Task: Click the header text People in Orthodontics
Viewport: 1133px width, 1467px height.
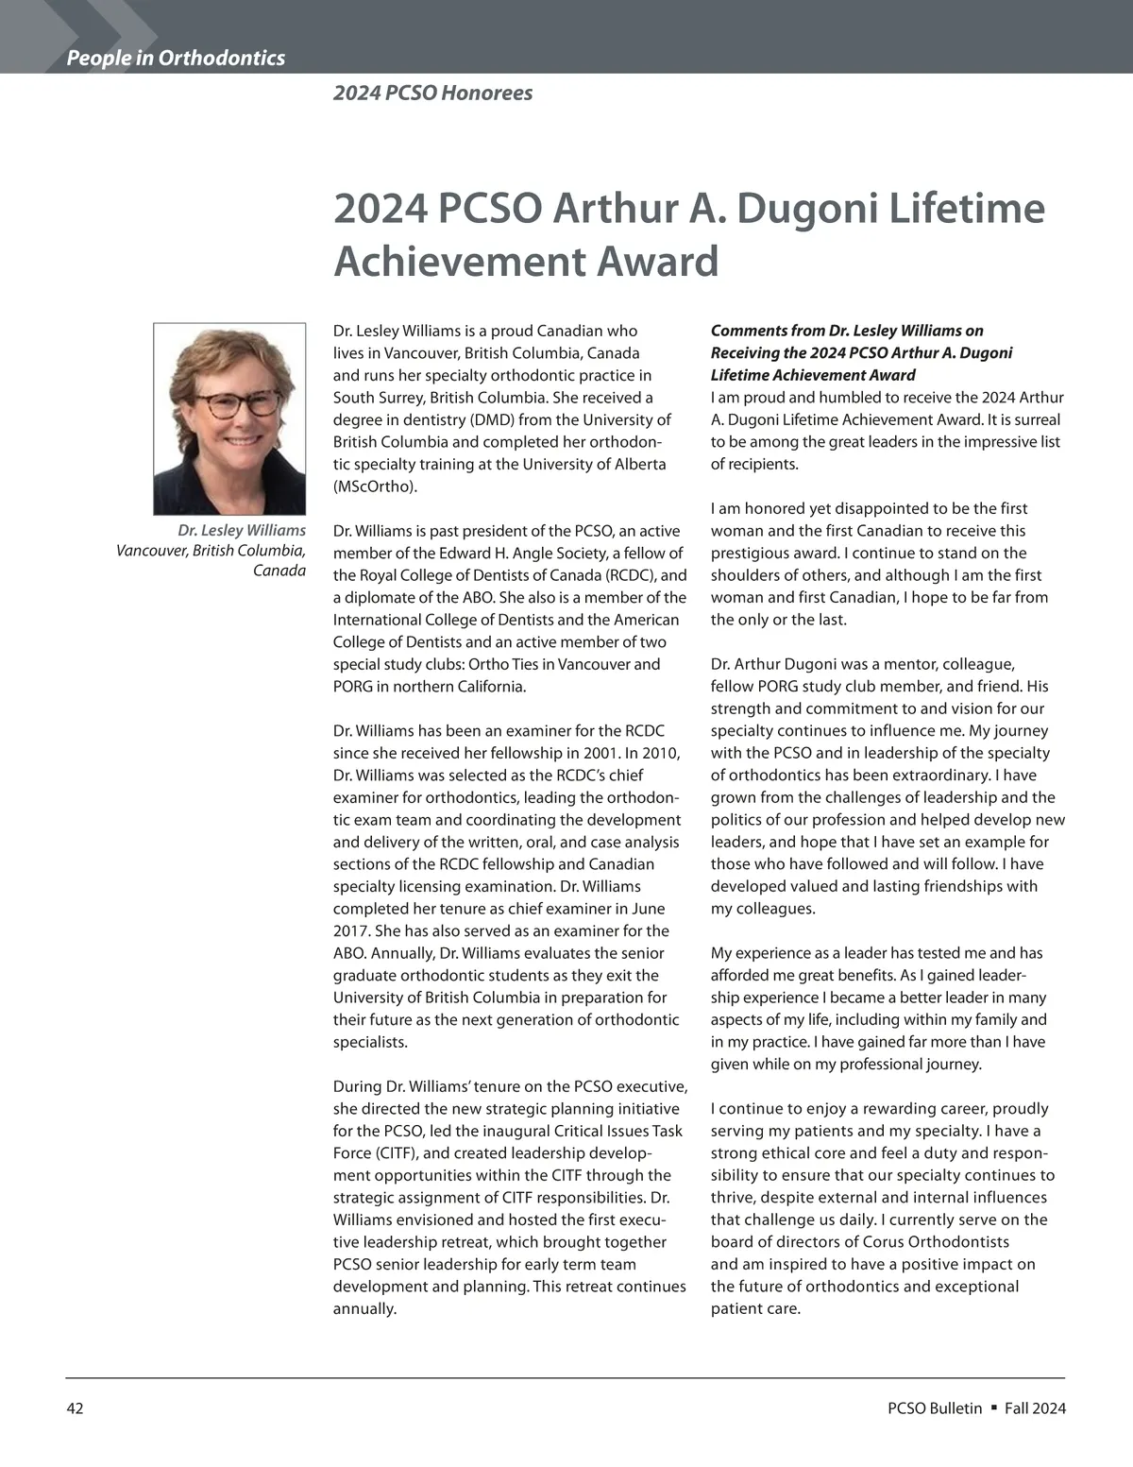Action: pos(176,58)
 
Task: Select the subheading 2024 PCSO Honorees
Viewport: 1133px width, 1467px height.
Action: pos(432,93)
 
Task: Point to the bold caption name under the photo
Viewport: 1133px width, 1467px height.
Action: pos(242,530)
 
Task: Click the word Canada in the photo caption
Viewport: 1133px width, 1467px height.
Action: pos(279,571)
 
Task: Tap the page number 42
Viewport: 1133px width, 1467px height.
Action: pos(75,1408)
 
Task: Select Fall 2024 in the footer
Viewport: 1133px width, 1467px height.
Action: pos(1035,1408)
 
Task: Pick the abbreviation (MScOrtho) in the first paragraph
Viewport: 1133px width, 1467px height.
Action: pos(375,486)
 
